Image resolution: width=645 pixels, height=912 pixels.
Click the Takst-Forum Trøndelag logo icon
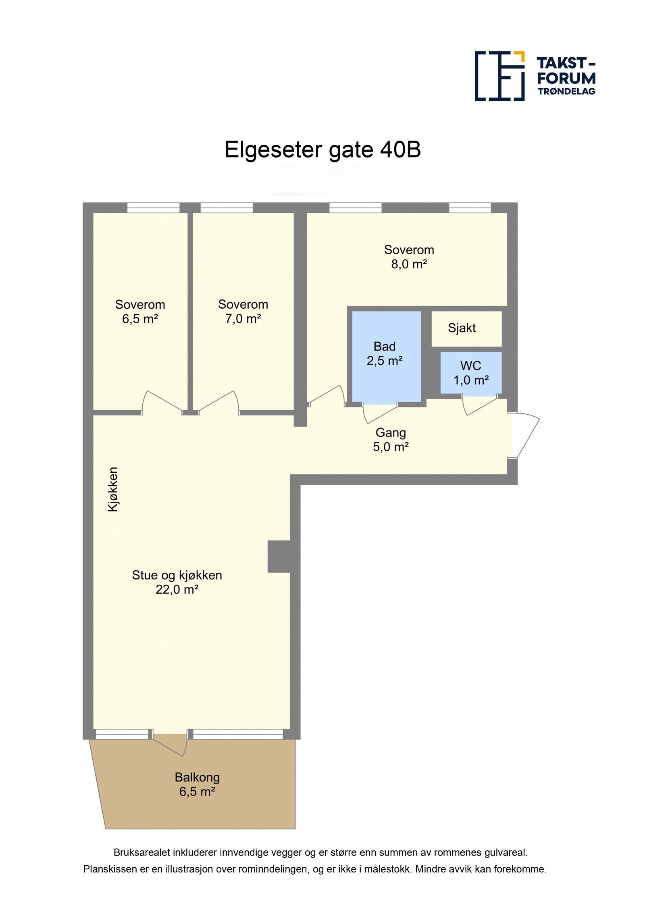[x=499, y=76]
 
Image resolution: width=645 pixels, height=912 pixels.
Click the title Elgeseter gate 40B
[x=322, y=150]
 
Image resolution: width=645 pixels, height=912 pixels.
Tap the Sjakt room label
[x=462, y=328]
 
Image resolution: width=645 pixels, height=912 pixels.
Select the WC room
[x=471, y=372]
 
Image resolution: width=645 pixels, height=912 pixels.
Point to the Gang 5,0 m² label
[x=391, y=440]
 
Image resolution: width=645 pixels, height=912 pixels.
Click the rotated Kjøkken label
[x=113, y=489]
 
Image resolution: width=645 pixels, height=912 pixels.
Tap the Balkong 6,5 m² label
[x=197, y=784]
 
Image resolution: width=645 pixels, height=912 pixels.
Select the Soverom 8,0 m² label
[x=409, y=257]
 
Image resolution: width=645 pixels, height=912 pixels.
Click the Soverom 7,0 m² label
[x=243, y=312]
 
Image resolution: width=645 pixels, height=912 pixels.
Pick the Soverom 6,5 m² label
[x=140, y=312]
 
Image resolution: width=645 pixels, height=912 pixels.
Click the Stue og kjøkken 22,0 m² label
[x=177, y=582]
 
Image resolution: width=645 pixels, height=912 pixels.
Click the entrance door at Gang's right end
[x=525, y=436]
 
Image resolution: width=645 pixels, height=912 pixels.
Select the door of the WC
[x=480, y=405]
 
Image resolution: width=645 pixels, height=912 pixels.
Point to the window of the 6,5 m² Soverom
[x=153, y=208]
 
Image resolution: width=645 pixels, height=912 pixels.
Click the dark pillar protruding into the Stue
[x=279, y=557]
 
